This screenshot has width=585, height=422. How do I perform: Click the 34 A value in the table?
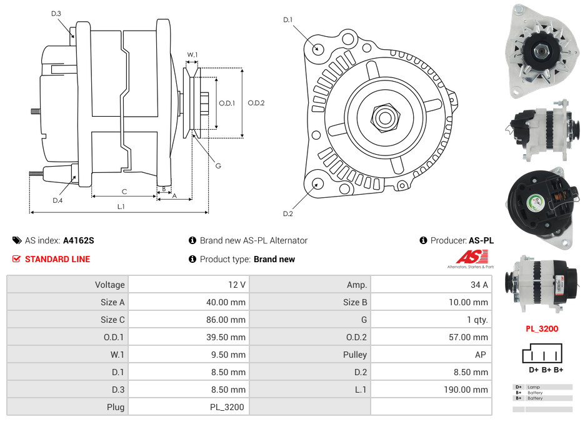(x=479, y=285)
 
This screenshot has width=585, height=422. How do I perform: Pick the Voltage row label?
(x=109, y=285)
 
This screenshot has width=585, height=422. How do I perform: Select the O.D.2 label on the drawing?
(x=256, y=103)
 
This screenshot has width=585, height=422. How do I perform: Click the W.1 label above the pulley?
(x=192, y=55)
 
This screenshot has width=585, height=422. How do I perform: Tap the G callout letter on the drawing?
(x=218, y=166)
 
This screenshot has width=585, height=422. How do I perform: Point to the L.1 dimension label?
(x=121, y=207)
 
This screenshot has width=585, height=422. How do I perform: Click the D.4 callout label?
(x=57, y=200)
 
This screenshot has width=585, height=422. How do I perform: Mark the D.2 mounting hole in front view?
(x=317, y=184)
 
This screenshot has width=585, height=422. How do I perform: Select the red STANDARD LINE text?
(x=57, y=259)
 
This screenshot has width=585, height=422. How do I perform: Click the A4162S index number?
(x=79, y=240)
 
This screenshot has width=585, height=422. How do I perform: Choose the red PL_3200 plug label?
(x=542, y=329)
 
